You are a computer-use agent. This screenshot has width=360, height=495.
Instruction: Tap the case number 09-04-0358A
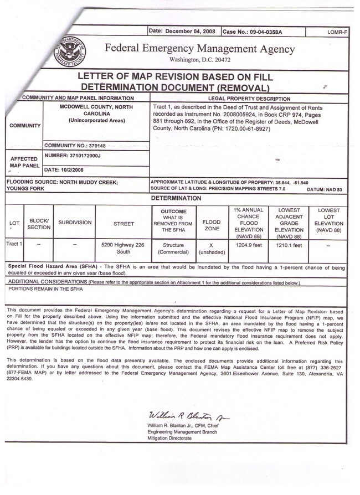(x=252, y=32)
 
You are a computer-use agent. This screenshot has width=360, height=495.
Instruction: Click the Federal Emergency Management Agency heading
(x=200, y=48)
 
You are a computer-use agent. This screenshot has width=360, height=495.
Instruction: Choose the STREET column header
(x=124, y=224)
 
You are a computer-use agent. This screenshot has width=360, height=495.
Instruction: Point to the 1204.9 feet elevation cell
(x=249, y=244)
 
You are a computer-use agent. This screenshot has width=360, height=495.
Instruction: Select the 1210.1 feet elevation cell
(x=289, y=244)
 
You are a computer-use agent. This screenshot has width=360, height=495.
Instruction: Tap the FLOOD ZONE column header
(x=212, y=224)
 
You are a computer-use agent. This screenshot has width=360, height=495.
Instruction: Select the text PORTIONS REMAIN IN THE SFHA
(x=45, y=288)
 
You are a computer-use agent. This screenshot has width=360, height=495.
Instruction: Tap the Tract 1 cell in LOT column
(x=14, y=244)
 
